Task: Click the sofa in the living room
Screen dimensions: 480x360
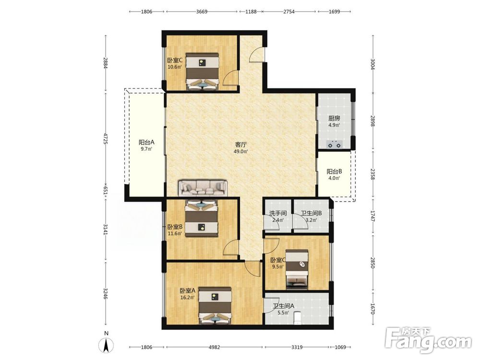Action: click(203, 188)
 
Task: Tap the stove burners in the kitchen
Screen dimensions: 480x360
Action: click(335, 144)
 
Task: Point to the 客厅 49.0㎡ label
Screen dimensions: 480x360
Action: click(241, 147)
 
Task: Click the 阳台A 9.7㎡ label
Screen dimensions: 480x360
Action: click(146, 145)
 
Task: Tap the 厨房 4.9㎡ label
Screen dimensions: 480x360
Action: click(334, 121)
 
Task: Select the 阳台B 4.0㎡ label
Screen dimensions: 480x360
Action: click(334, 175)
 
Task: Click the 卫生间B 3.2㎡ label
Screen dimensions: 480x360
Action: click(311, 216)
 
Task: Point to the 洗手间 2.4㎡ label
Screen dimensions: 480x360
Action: click(278, 216)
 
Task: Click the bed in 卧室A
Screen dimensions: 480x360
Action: click(215, 305)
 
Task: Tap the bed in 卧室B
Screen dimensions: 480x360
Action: click(201, 218)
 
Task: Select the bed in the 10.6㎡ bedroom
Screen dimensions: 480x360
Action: click(203, 72)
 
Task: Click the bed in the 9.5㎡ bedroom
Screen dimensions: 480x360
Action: click(297, 269)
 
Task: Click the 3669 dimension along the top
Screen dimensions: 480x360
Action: click(202, 12)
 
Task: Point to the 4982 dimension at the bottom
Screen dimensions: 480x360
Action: click(214, 347)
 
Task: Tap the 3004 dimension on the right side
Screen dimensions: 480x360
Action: click(372, 64)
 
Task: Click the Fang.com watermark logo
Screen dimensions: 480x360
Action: click(428, 340)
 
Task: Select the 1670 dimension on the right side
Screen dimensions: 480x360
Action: click(372, 309)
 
